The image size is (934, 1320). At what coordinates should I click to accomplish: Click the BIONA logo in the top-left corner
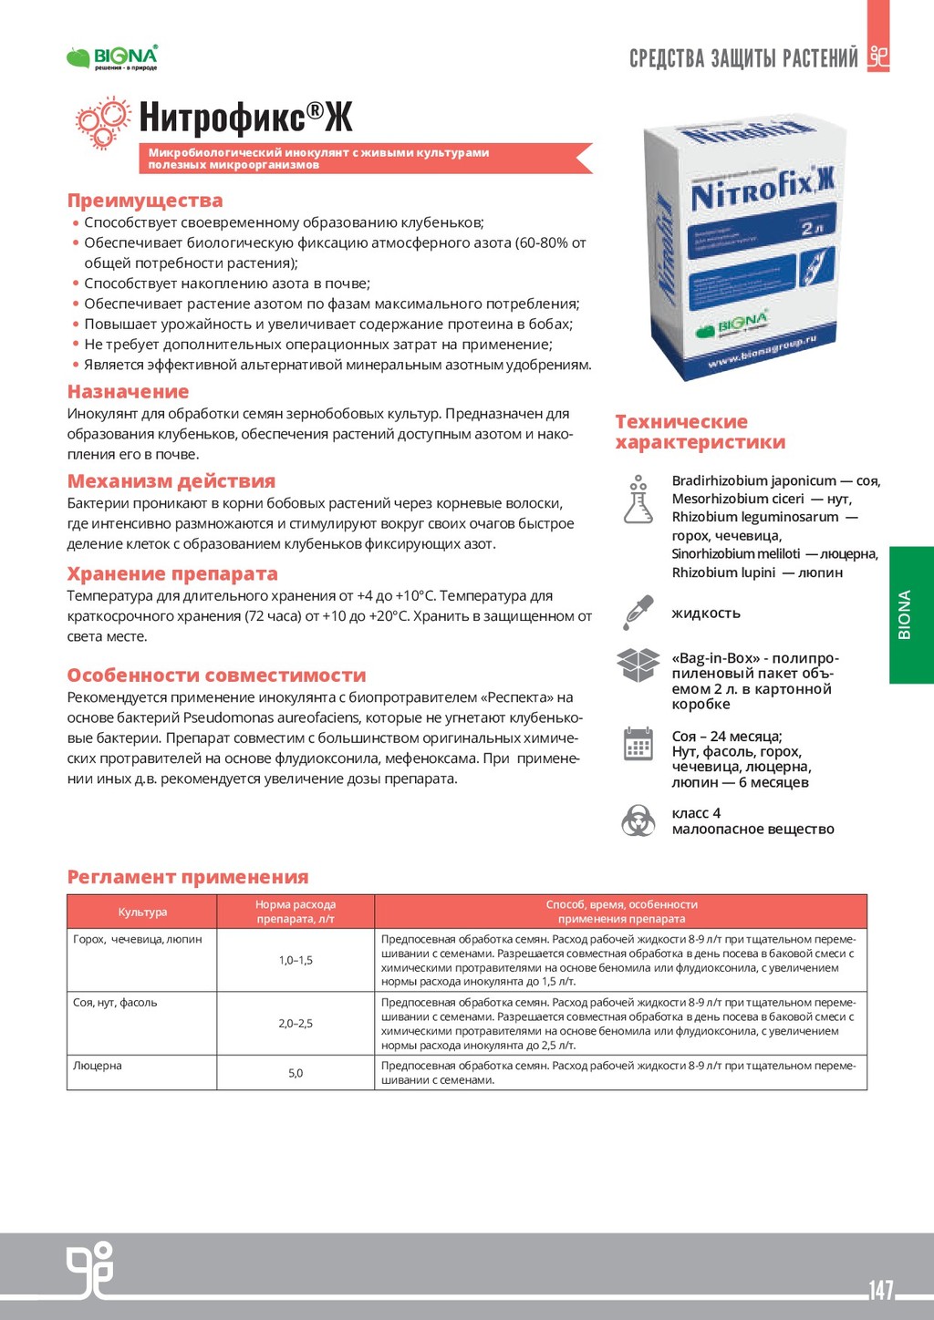pos(112,57)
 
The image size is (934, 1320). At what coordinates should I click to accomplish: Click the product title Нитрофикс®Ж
pos(245,118)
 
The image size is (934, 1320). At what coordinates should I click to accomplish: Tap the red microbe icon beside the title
pos(102,124)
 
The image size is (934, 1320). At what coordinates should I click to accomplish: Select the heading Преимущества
pos(145,201)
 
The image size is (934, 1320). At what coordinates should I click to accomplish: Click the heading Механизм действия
pos(171,481)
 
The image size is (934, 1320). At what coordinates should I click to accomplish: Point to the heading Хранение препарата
pos(172,574)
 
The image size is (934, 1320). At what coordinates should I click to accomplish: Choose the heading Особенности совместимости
pos(216,675)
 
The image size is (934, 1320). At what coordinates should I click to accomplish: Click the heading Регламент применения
pos(188,877)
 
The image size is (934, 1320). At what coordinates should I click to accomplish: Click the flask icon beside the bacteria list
pos(638,499)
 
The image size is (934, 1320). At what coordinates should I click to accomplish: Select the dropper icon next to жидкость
pos(638,613)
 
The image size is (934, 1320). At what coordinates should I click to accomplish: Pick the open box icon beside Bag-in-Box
pos(638,665)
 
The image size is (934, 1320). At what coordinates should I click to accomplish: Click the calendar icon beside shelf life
pos(638,744)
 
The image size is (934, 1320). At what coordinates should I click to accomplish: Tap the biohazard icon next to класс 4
pos(638,820)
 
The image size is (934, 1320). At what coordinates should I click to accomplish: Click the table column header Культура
pos(142,912)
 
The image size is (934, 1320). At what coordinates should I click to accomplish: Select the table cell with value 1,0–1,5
pos(296,960)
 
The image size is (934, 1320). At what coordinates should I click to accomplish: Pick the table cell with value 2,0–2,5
pos(296,1024)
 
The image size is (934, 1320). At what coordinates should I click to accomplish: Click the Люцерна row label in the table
pos(98,1066)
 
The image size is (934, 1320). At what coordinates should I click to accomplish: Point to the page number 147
pos(881,1290)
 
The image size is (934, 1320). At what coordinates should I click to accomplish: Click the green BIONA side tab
pos(911,614)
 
